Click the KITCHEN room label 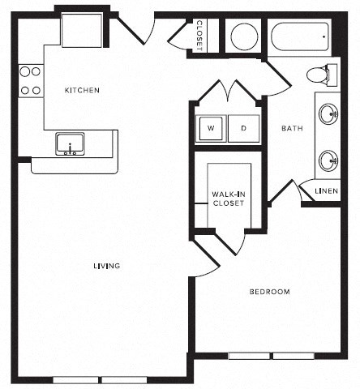(82, 90)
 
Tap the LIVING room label (106, 266)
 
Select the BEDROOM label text (268, 292)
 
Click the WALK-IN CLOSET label (228, 199)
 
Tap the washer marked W (210, 128)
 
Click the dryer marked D (243, 128)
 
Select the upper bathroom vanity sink (330, 114)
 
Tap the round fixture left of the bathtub (244, 36)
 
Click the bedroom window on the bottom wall (271, 355)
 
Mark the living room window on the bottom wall (100, 379)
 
